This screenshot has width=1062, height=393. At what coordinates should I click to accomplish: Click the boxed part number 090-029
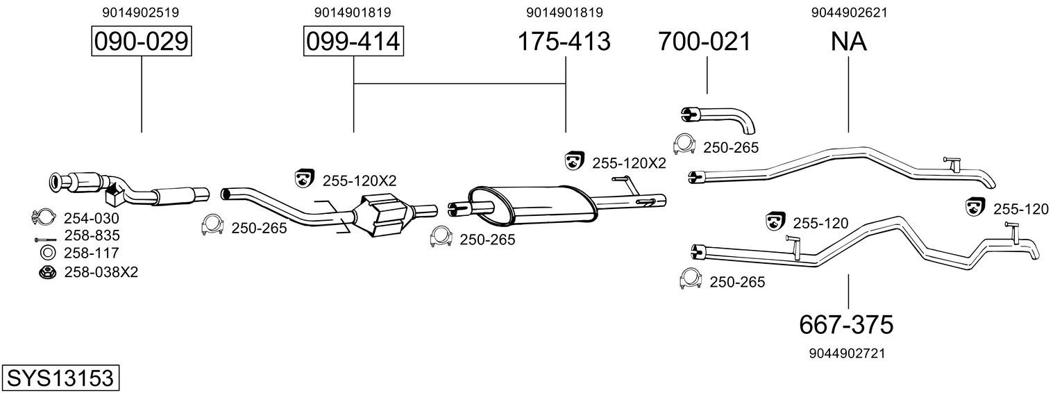142,41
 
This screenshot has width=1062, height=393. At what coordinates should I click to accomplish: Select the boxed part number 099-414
353,41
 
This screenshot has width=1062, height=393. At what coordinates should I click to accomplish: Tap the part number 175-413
564,41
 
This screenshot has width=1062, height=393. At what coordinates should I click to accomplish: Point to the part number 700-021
705,41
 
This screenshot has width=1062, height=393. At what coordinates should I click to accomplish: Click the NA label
848,41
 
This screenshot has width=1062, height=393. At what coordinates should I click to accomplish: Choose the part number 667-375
846,325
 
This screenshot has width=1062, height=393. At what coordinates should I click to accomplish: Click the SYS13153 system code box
60,378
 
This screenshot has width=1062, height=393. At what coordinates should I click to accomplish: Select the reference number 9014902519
141,12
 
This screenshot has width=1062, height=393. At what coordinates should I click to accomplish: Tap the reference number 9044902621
849,12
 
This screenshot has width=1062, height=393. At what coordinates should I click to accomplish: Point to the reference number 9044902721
848,353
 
